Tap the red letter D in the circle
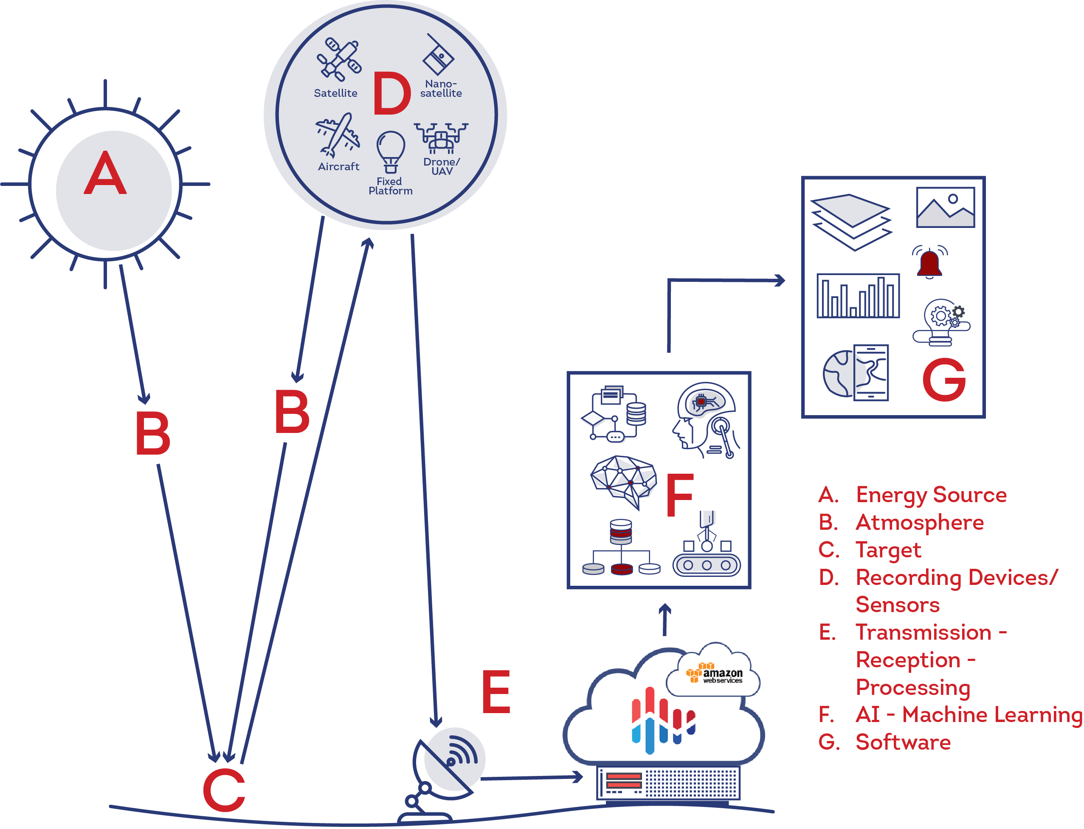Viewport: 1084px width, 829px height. [x=391, y=93]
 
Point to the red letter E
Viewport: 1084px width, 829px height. [x=496, y=692]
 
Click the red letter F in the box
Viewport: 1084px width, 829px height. [x=680, y=495]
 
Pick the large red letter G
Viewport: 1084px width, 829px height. [x=944, y=380]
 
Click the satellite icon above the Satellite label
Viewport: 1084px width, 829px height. [x=339, y=60]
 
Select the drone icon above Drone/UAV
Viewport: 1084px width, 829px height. [x=441, y=138]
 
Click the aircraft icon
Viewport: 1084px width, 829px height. [x=337, y=135]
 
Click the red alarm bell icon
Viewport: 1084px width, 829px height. [x=929, y=262]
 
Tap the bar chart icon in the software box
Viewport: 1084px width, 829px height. [x=858, y=296]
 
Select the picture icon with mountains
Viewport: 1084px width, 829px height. [x=945, y=207]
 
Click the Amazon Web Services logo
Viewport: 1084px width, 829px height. [x=714, y=673]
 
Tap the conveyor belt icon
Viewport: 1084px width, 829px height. [x=707, y=555]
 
